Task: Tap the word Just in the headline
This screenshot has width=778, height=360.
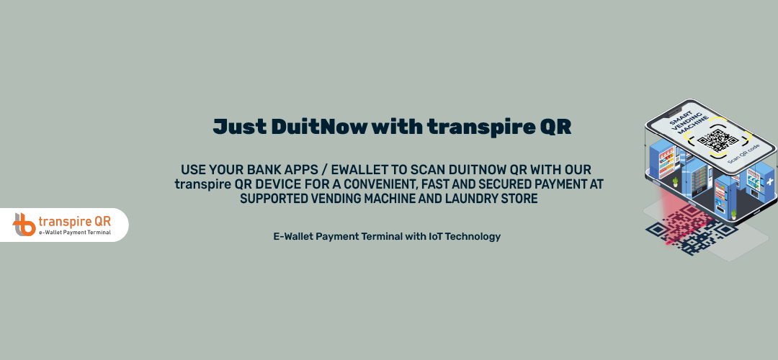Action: click(x=238, y=127)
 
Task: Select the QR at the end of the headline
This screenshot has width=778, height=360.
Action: click(x=555, y=127)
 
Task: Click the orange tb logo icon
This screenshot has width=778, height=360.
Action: click(x=24, y=225)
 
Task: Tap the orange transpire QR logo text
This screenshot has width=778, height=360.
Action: click(x=74, y=221)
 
